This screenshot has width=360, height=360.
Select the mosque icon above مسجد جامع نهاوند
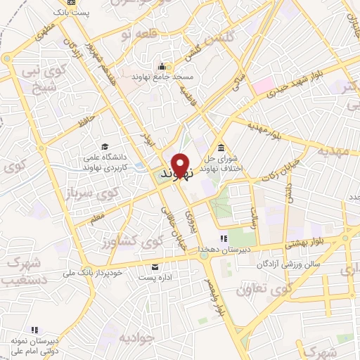coord(162,67)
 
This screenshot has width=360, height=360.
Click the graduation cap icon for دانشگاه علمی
coord(105,146)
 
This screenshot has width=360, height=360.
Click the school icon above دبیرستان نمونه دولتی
coord(34,329)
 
